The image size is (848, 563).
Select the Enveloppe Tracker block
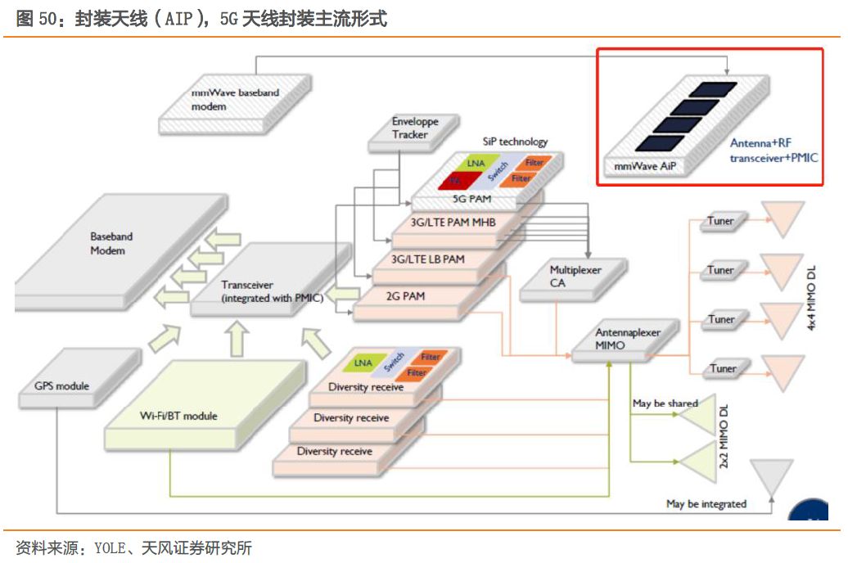(415, 128)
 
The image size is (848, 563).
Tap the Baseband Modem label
(111, 243)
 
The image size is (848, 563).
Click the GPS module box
(62, 386)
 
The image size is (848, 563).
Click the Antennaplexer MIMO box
(627, 340)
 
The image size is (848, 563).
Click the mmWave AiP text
(647, 166)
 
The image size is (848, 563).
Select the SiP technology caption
(515, 142)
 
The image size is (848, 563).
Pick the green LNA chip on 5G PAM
(476, 163)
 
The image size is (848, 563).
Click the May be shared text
(665, 403)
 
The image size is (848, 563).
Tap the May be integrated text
(706, 504)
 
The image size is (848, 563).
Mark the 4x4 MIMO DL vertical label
(813, 295)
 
